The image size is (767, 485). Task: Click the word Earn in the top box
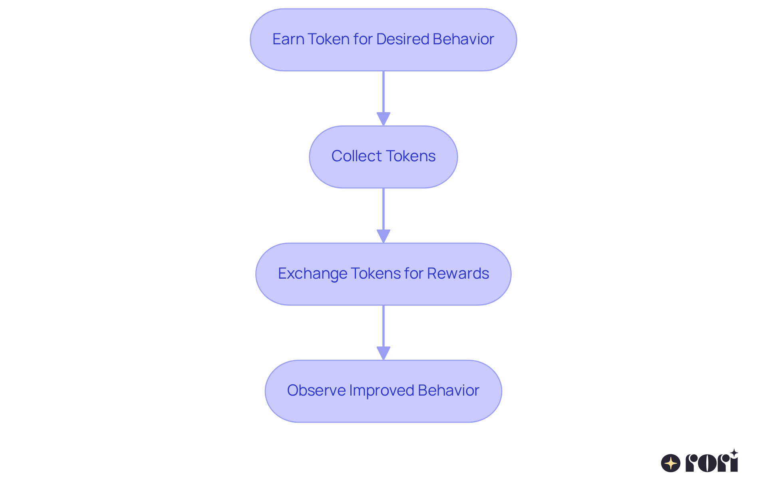(288, 39)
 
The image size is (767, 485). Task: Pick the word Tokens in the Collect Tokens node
(411, 156)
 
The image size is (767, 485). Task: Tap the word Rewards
(458, 273)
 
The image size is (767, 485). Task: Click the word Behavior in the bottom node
(448, 390)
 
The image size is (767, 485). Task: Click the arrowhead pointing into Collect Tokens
(383, 119)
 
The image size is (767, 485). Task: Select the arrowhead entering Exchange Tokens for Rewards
(383, 236)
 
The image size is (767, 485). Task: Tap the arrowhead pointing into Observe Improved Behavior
(383, 353)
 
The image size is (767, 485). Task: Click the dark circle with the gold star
(671, 463)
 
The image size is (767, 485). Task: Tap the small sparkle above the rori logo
(734, 453)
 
